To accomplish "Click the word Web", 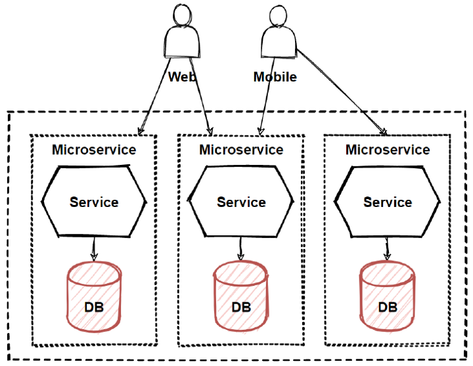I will point(182,77).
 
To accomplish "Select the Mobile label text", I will point(275,77).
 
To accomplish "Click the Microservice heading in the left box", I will point(94,150).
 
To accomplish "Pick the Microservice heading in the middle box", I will point(241,150).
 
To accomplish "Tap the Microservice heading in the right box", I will point(388,150).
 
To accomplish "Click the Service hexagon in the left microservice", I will point(94,202).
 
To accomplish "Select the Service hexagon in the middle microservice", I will point(241,202).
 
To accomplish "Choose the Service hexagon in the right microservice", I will point(388,202).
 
